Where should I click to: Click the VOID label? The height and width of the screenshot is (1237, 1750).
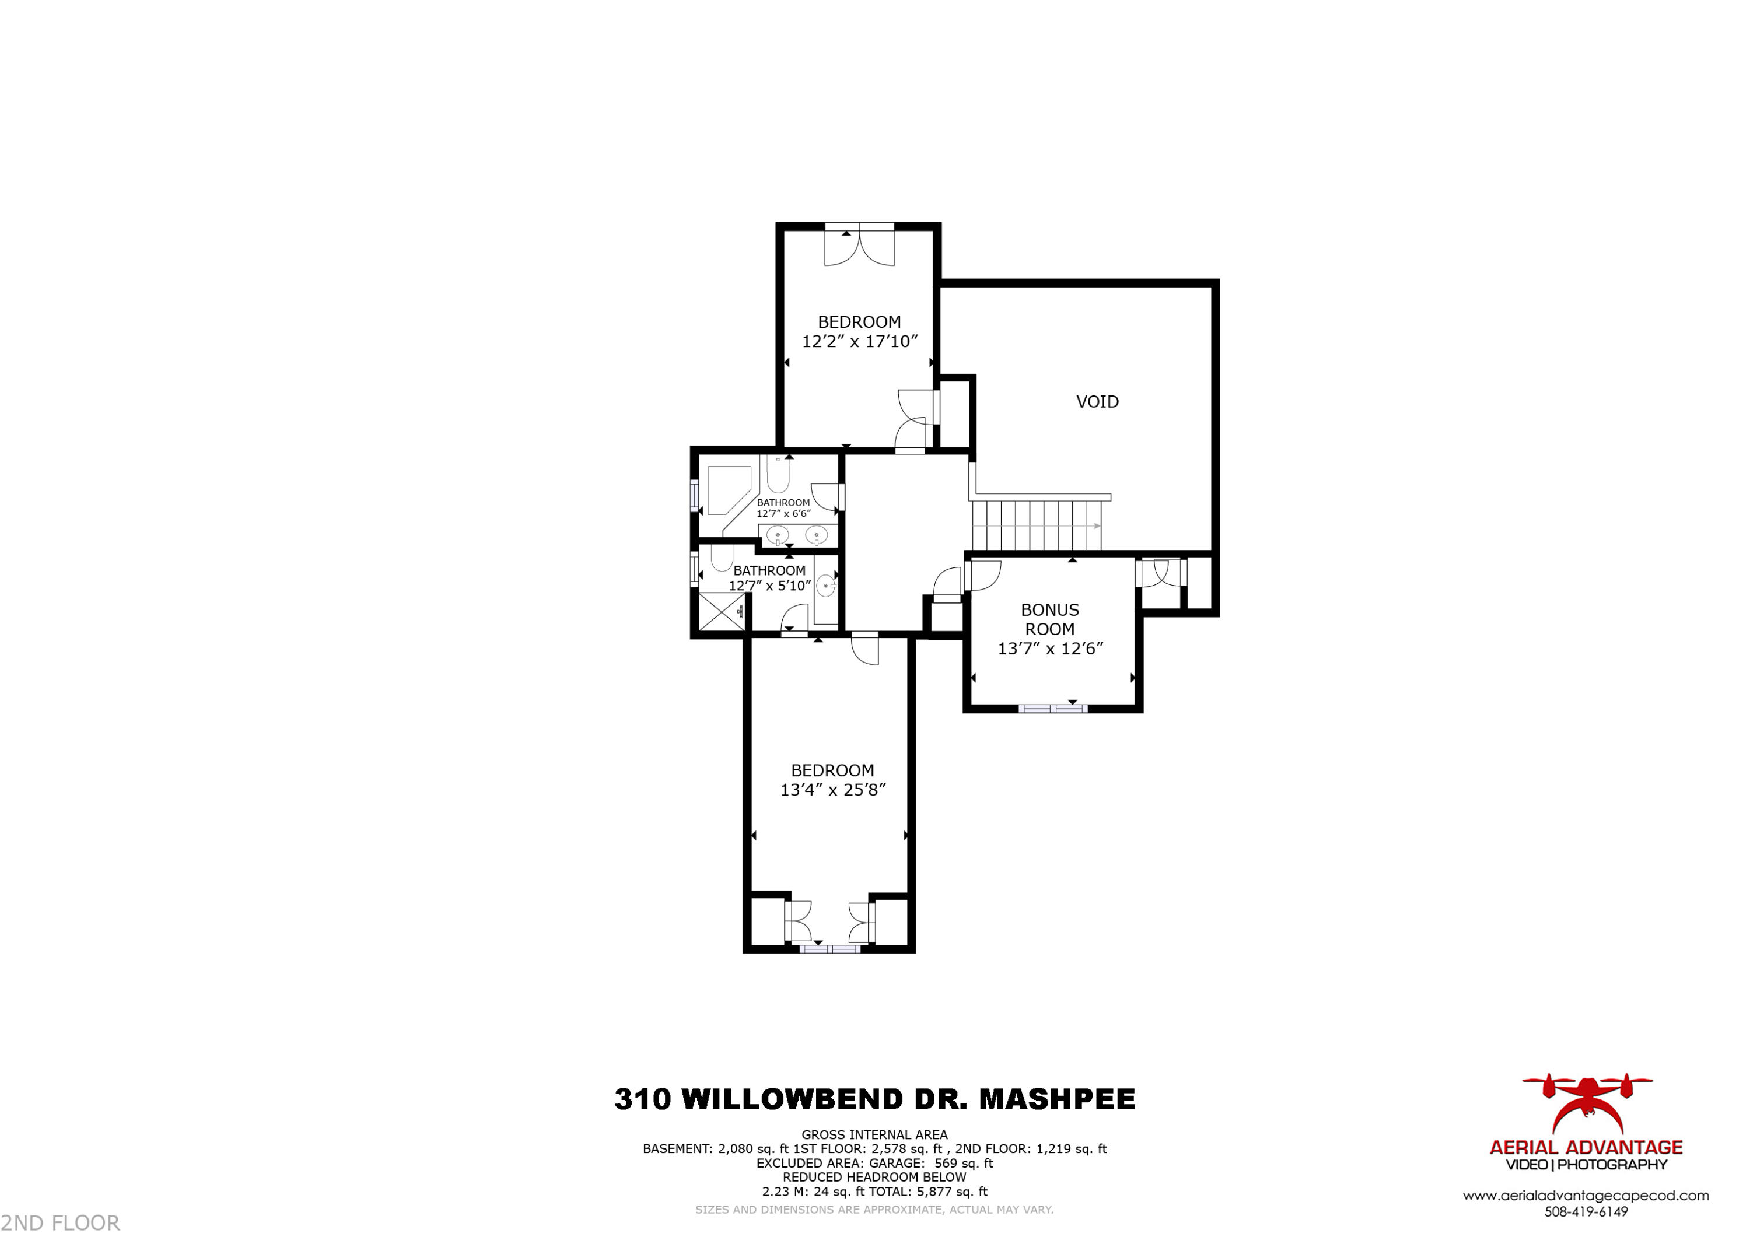click(x=1097, y=402)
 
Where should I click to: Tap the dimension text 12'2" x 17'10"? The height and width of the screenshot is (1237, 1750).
click(x=859, y=341)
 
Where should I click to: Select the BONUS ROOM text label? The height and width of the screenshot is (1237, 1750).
click(x=1049, y=619)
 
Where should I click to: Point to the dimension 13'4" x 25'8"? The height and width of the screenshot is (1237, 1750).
click(x=832, y=790)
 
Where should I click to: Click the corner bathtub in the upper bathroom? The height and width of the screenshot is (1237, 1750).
click(x=727, y=489)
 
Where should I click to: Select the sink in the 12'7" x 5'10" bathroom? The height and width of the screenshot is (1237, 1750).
click(x=825, y=586)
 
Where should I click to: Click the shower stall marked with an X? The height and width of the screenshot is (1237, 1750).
click(x=721, y=611)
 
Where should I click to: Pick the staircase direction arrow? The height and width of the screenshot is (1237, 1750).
click(x=1096, y=526)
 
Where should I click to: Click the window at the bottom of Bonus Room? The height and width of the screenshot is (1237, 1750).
click(x=1052, y=709)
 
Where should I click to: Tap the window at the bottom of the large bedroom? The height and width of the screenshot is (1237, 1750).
click(x=829, y=949)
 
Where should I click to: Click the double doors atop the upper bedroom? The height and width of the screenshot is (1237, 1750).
click(x=859, y=244)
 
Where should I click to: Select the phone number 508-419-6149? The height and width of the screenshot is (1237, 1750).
click(x=1585, y=1212)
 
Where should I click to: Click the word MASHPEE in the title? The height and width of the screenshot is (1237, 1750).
click(x=1056, y=1099)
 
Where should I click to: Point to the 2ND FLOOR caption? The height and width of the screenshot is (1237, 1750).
click(x=61, y=1223)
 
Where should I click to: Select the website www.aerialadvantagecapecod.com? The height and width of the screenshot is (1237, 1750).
click(x=1585, y=1196)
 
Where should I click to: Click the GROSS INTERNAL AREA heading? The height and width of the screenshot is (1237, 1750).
click(x=874, y=1135)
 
